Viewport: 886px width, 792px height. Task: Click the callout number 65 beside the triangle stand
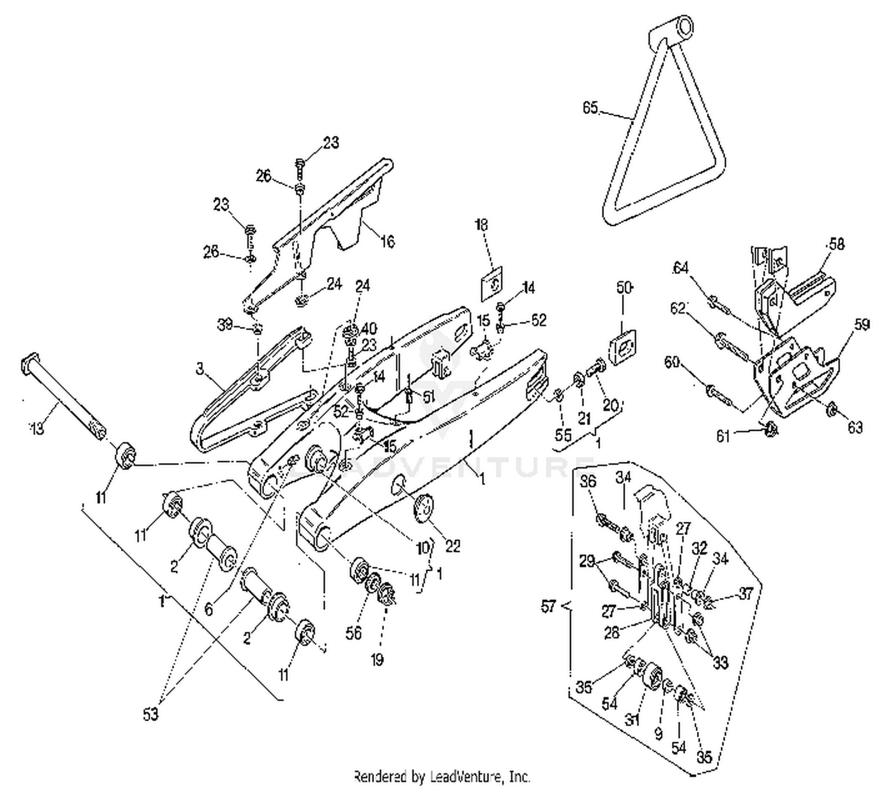(590, 108)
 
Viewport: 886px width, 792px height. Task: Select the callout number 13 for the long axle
(37, 428)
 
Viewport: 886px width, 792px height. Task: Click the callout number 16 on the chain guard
(387, 241)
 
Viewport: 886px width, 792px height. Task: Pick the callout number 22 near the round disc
(452, 546)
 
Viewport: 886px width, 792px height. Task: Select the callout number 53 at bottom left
(151, 714)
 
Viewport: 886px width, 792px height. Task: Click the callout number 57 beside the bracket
(549, 606)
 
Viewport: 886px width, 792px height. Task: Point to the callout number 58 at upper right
(836, 243)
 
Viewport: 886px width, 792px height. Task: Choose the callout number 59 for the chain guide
(861, 324)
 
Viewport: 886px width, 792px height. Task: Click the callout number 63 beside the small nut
(855, 426)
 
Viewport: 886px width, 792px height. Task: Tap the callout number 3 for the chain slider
(200, 369)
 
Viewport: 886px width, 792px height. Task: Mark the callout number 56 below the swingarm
(353, 633)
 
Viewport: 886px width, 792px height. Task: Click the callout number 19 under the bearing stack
(377, 659)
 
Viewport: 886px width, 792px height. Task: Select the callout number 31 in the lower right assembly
(633, 720)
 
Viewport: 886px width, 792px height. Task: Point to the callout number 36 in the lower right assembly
(588, 481)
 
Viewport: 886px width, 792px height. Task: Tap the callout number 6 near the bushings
(209, 608)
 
